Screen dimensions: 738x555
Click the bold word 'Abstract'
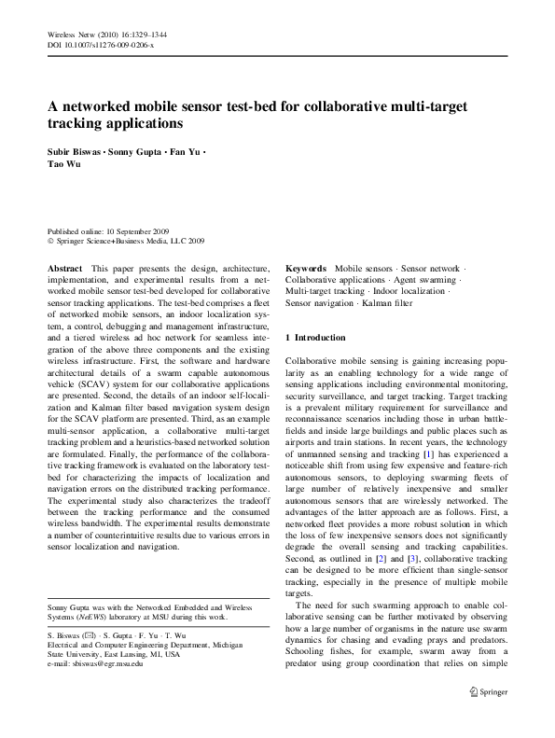(x=65, y=268)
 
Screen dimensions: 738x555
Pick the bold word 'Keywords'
(x=306, y=268)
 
